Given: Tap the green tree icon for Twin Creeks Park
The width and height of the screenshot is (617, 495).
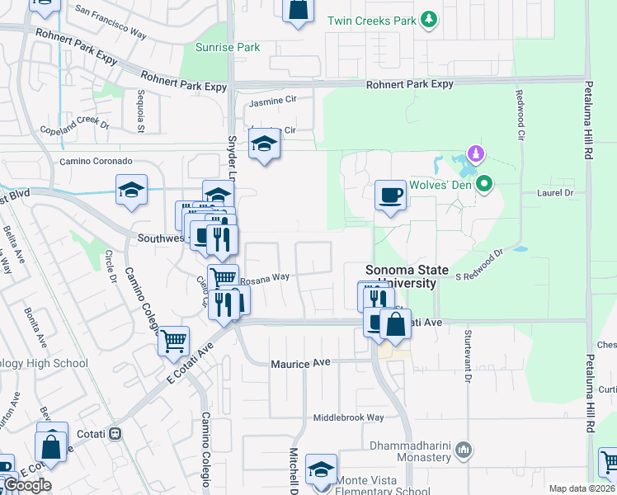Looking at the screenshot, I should (x=428, y=19).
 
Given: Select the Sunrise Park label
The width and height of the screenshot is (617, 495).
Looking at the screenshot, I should (x=228, y=47).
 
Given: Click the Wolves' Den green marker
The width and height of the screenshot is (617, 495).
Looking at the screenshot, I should (x=485, y=183).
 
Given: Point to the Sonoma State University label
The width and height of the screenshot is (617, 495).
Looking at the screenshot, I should (x=407, y=276).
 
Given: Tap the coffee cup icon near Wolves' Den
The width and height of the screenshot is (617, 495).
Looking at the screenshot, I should (x=390, y=196).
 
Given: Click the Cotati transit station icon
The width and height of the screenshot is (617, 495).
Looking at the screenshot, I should (x=115, y=432).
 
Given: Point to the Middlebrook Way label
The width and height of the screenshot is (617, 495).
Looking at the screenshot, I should (x=349, y=417).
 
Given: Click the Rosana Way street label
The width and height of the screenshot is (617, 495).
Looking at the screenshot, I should (x=265, y=277).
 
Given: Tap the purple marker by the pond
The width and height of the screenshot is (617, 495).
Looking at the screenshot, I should (x=475, y=153).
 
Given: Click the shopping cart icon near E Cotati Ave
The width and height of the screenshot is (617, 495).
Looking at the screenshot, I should (x=173, y=339).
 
